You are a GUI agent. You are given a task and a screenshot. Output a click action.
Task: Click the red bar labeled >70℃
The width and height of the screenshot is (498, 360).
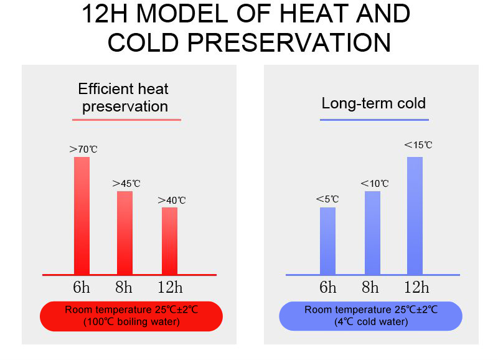pyautogui.click(x=82, y=216)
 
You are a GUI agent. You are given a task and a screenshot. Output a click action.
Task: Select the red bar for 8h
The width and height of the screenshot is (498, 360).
pyautogui.click(x=125, y=232)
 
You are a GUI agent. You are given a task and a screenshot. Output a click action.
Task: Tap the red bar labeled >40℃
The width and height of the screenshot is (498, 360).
pyautogui.click(x=169, y=241)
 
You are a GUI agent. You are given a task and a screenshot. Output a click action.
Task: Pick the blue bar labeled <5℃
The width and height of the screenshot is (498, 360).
pyautogui.click(x=328, y=241)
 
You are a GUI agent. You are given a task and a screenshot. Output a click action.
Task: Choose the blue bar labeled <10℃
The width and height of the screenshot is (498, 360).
pyautogui.click(x=372, y=232)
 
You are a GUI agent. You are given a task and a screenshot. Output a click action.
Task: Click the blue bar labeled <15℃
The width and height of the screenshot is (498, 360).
pyautogui.click(x=415, y=216)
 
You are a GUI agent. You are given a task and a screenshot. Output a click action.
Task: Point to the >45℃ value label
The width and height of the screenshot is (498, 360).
pyautogui.click(x=126, y=184)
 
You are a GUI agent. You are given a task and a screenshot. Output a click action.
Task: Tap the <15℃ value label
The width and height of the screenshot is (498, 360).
pyautogui.click(x=418, y=145)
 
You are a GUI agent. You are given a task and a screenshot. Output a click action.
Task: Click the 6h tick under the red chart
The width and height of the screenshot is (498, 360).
pyautogui.click(x=82, y=287)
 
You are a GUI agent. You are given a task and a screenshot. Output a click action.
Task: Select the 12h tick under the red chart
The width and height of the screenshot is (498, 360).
pyautogui.click(x=170, y=287)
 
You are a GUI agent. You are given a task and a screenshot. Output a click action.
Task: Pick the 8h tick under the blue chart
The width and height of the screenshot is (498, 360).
pyautogui.click(x=370, y=287)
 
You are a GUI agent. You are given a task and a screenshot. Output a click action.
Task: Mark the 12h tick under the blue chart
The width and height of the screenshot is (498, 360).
pyautogui.click(x=416, y=287)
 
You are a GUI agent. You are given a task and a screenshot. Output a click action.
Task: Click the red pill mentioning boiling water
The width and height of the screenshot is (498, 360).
pyautogui.click(x=131, y=316)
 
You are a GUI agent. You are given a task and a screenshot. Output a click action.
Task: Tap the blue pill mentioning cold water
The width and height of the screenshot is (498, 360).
pyautogui.click(x=370, y=316)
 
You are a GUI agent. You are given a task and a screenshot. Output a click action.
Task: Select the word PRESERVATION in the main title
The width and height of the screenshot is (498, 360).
pyautogui.click(x=289, y=42)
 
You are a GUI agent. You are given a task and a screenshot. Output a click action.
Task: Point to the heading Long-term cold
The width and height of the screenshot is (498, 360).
pyautogui.click(x=374, y=103)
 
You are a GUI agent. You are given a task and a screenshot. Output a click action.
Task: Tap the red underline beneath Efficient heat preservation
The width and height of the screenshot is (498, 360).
pyautogui.click(x=126, y=120)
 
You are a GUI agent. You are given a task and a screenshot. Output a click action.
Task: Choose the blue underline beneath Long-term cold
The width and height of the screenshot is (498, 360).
pyautogui.click(x=374, y=120)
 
